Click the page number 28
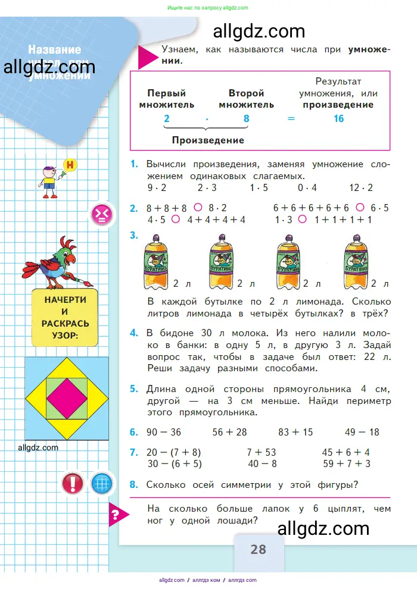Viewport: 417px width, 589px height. [258, 549]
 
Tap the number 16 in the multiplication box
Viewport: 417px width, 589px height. [338, 118]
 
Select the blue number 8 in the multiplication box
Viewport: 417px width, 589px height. [246, 118]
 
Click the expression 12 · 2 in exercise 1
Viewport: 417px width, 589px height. [361, 187]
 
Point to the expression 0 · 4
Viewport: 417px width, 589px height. [307, 187]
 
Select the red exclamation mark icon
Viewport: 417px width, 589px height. [73, 483]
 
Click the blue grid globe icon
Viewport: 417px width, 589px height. [102, 483]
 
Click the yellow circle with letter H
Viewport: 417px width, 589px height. [71, 165]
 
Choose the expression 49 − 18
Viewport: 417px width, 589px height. [362, 432]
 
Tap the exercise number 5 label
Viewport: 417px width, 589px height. [134, 389]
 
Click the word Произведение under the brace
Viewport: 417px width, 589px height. [208, 140]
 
